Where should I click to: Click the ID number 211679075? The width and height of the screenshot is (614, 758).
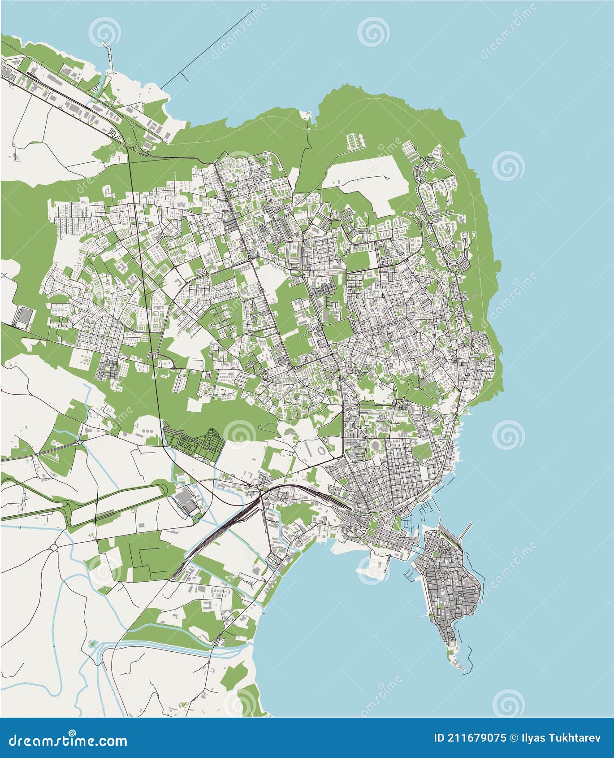coord(470,738)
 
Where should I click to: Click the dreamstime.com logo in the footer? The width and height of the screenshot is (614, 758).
coord(67,739)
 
